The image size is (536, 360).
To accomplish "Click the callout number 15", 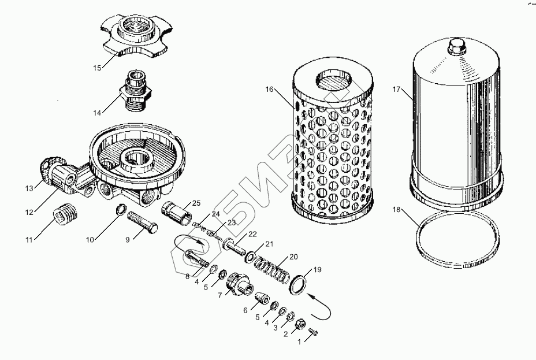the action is (98, 68).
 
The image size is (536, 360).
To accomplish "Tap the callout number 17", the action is (396, 89).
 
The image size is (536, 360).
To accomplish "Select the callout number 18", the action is (396, 210).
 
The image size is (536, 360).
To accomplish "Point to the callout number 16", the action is (269, 89).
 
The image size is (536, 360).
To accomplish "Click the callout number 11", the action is (29, 240).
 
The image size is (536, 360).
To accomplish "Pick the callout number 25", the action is (196, 203).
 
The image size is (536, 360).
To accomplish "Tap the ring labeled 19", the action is (298, 285).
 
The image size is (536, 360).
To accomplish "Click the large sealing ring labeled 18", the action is (457, 239).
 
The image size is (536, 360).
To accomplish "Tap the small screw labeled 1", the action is (314, 331).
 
